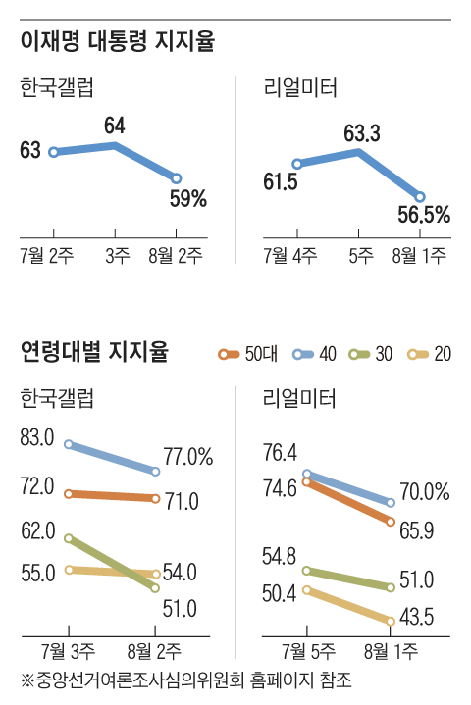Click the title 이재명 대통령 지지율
coord(117,42)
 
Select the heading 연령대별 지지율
coord(94,351)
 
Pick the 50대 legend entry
coord(248,354)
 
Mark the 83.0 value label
coord(36,438)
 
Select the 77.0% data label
coord(189,456)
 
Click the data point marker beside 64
coord(116,145)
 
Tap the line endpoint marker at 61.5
coord(297,164)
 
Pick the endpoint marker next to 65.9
coord(392,521)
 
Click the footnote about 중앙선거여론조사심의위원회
coord(185,680)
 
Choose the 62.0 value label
coord(36,531)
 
